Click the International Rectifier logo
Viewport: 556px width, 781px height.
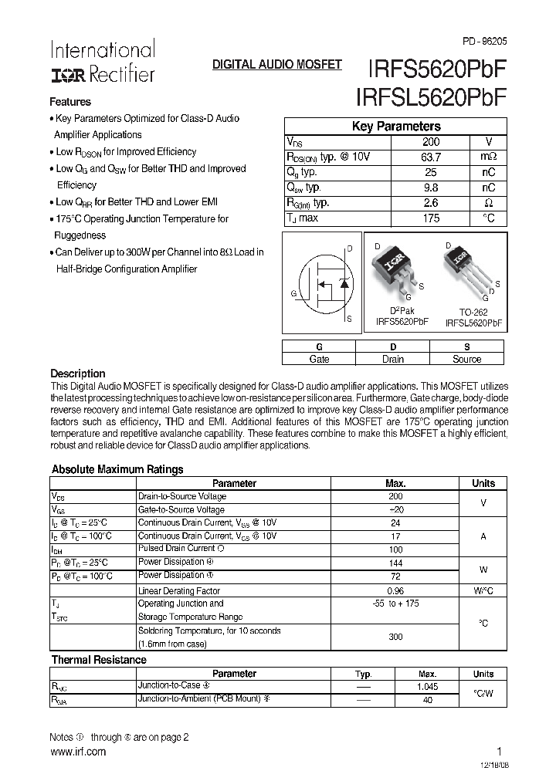102,62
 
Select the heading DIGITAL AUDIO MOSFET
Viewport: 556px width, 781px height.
276,66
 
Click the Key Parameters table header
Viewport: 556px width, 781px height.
396,127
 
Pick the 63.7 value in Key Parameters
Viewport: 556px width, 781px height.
431,157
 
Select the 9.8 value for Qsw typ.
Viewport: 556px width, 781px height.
431,188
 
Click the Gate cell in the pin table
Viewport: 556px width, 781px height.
319,359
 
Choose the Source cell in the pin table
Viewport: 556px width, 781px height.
466,359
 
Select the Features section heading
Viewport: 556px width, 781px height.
70,102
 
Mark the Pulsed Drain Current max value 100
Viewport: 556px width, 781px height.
395,549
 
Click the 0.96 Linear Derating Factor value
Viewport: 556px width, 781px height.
395,590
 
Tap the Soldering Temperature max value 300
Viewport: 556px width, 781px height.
395,637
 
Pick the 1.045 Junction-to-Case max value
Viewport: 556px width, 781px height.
427,686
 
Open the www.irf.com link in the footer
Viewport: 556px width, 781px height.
78,752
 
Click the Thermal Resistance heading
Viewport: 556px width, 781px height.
99,660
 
